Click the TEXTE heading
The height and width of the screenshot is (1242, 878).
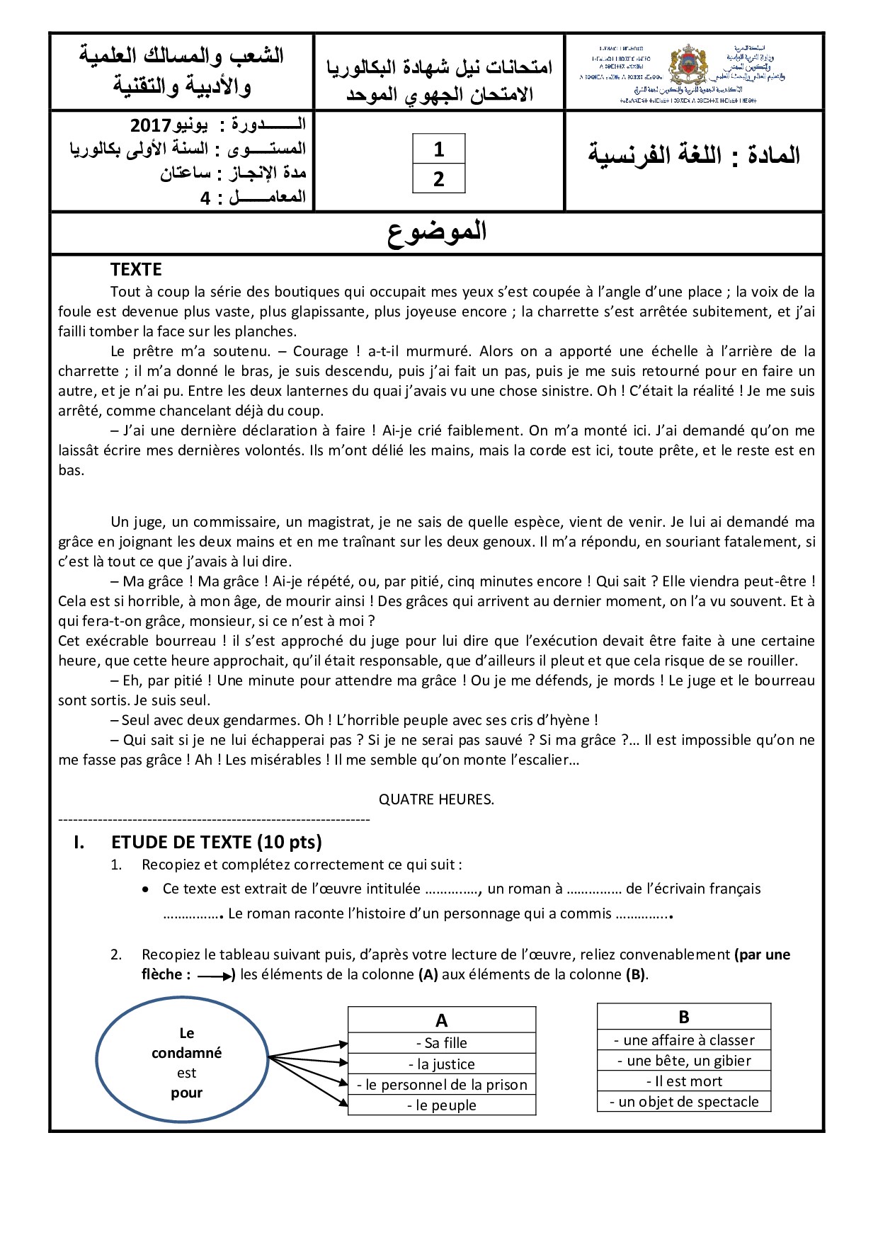[136, 270]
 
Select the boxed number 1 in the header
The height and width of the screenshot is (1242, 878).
[438, 149]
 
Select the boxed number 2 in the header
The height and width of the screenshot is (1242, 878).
[438, 179]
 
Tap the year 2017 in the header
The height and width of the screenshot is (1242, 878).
[151, 125]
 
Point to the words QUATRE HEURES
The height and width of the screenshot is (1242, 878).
[436, 799]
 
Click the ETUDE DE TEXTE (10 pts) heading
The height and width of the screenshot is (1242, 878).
[216, 842]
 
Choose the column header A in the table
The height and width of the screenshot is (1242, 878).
[441, 1020]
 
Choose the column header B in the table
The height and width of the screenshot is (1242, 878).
[683, 1017]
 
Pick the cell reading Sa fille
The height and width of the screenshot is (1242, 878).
[442, 1043]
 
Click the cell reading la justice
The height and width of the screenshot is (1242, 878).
[442, 1064]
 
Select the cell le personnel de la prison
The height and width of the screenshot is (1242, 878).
[442, 1085]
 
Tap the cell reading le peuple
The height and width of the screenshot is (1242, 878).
[442, 1105]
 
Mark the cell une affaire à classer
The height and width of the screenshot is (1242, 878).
[684, 1040]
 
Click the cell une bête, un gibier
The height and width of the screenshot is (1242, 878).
[684, 1061]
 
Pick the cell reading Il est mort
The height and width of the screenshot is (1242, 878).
[684, 1081]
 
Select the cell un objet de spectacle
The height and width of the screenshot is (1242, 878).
[684, 1102]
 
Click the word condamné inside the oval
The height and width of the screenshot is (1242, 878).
[186, 1053]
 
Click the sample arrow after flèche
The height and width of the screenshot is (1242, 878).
[215, 976]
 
